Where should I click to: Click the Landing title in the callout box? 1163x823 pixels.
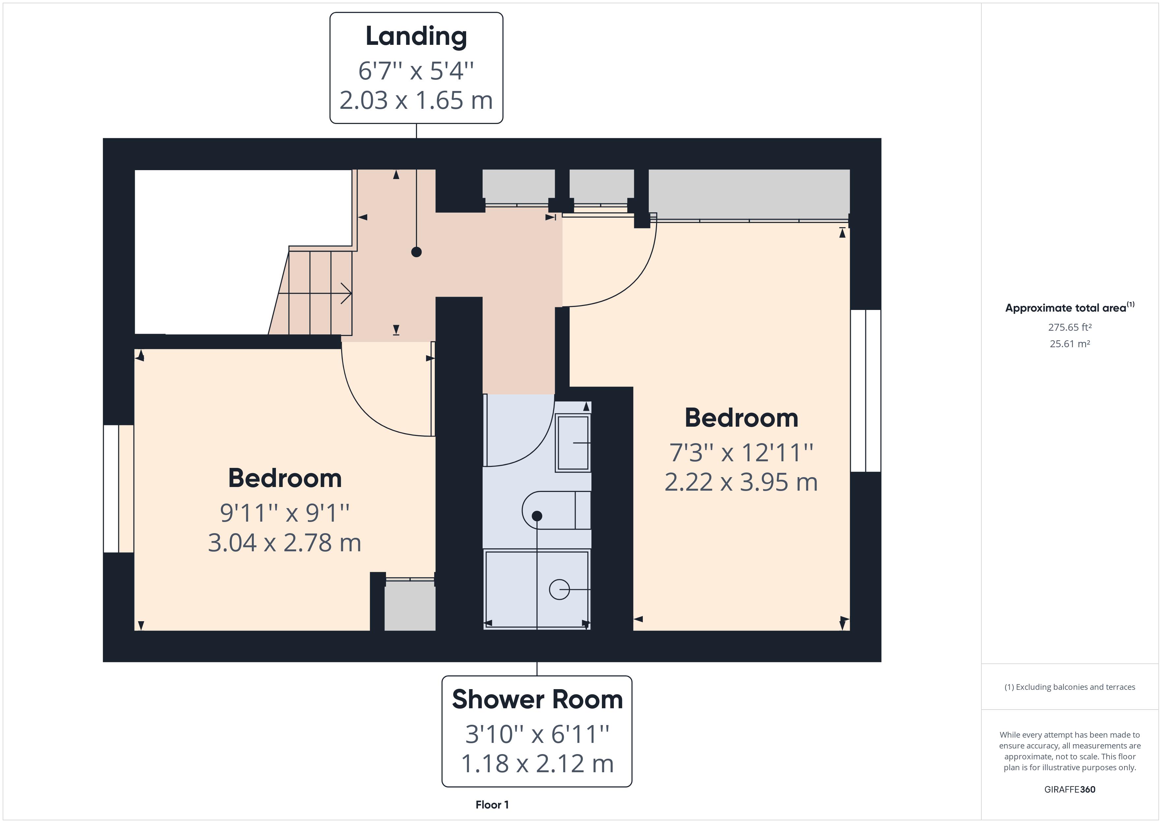coord(416,37)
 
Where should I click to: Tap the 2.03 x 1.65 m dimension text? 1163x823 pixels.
coord(416,100)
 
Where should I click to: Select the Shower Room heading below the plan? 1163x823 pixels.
coord(537,699)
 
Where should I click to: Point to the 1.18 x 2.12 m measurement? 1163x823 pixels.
coord(537,764)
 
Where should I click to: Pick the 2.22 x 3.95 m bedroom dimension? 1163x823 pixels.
coord(741,482)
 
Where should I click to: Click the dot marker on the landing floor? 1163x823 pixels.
coord(416,252)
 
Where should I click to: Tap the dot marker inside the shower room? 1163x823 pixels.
coord(537,516)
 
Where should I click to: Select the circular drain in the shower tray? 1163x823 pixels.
coord(559,589)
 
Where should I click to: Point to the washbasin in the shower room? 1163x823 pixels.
coord(573,443)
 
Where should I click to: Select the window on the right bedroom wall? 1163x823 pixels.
coord(866,391)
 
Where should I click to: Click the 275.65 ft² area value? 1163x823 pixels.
coord(1070,327)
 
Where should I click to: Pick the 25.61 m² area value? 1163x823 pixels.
coord(1070,344)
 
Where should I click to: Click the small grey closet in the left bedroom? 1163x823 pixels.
coord(410,605)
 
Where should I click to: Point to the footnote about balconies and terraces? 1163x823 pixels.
coord(1070,687)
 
